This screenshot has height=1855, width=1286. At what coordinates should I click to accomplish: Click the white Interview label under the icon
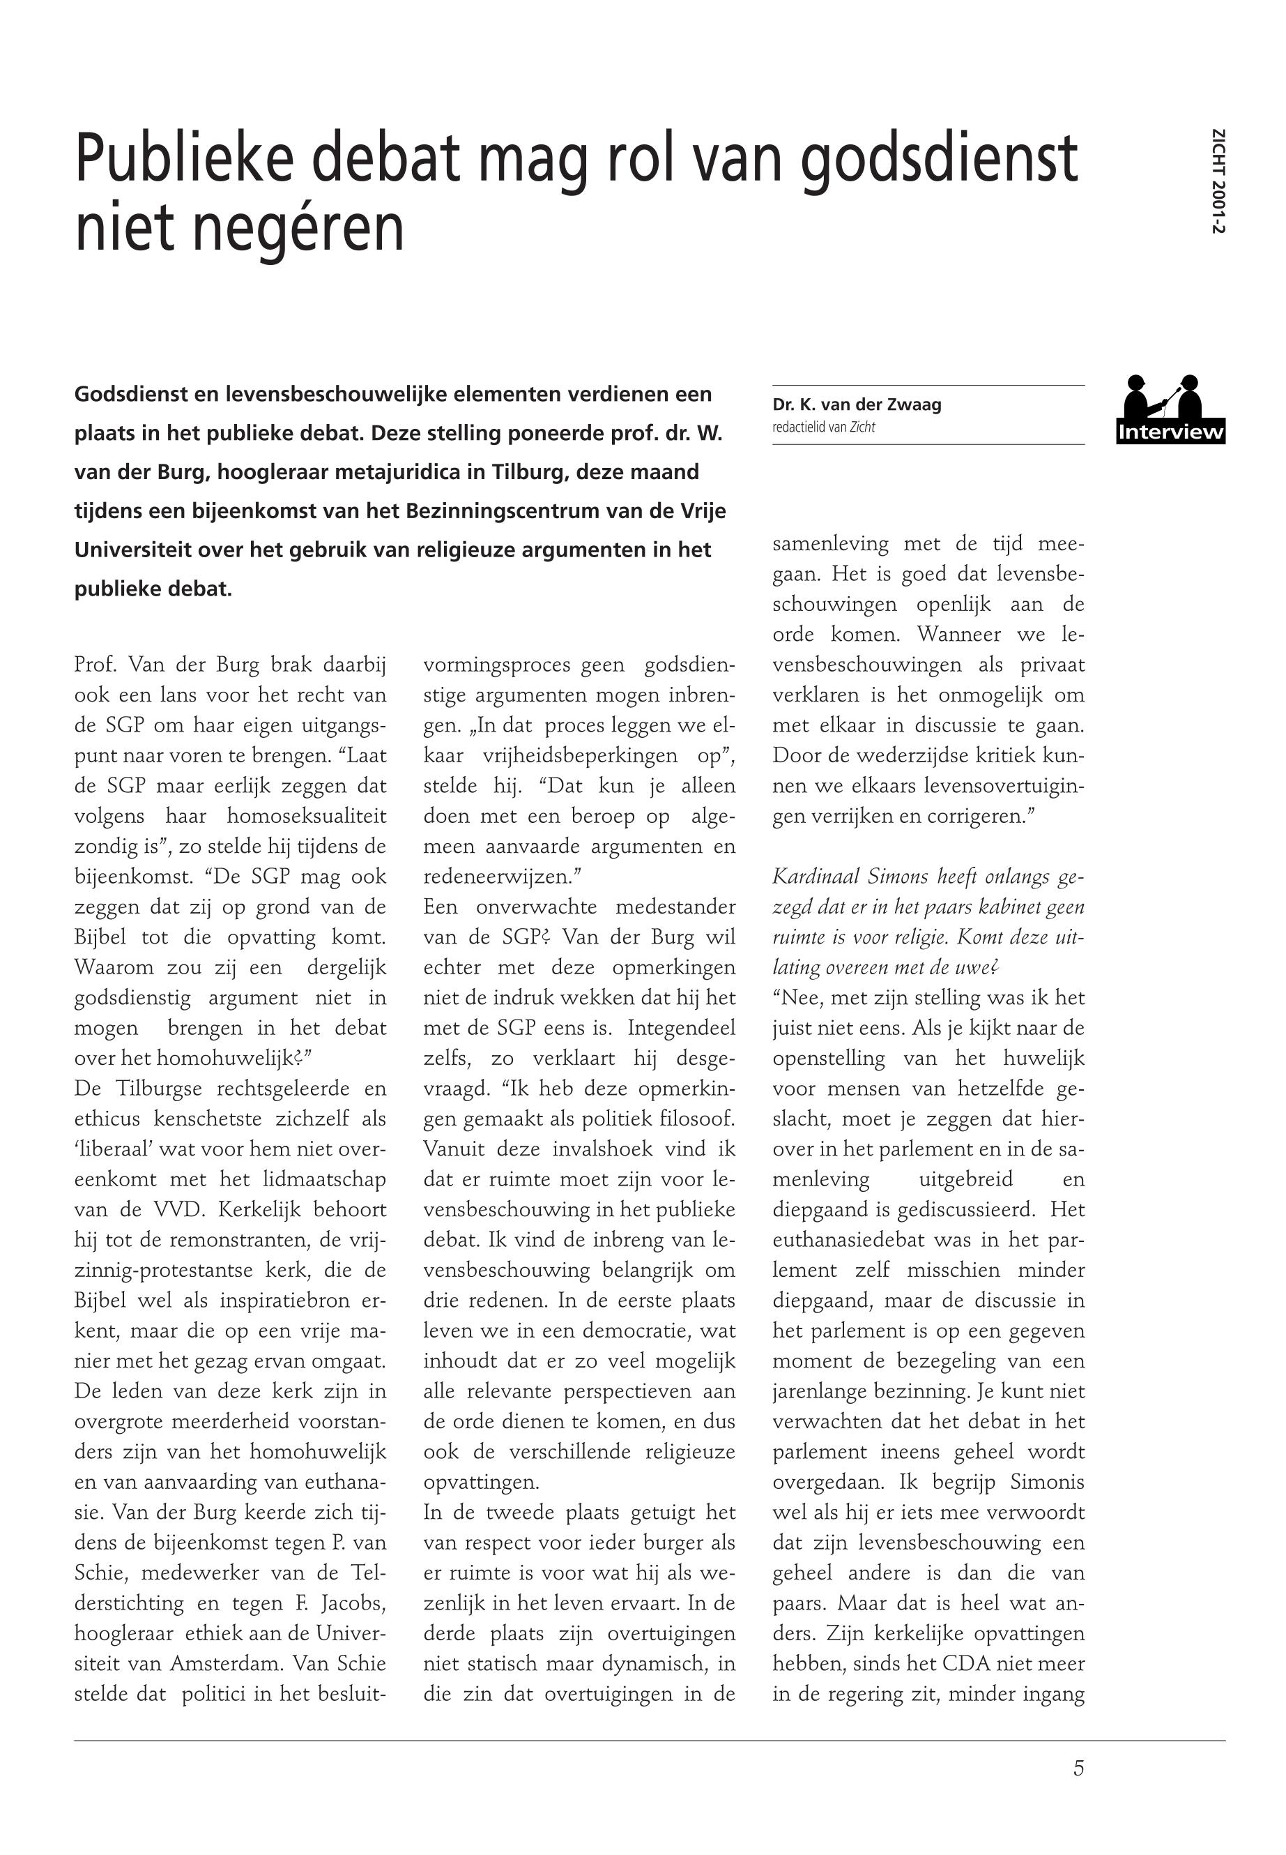pos(1171,433)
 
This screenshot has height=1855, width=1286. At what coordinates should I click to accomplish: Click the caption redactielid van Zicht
pos(822,427)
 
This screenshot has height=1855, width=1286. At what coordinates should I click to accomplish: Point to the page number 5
pos(1078,1768)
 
